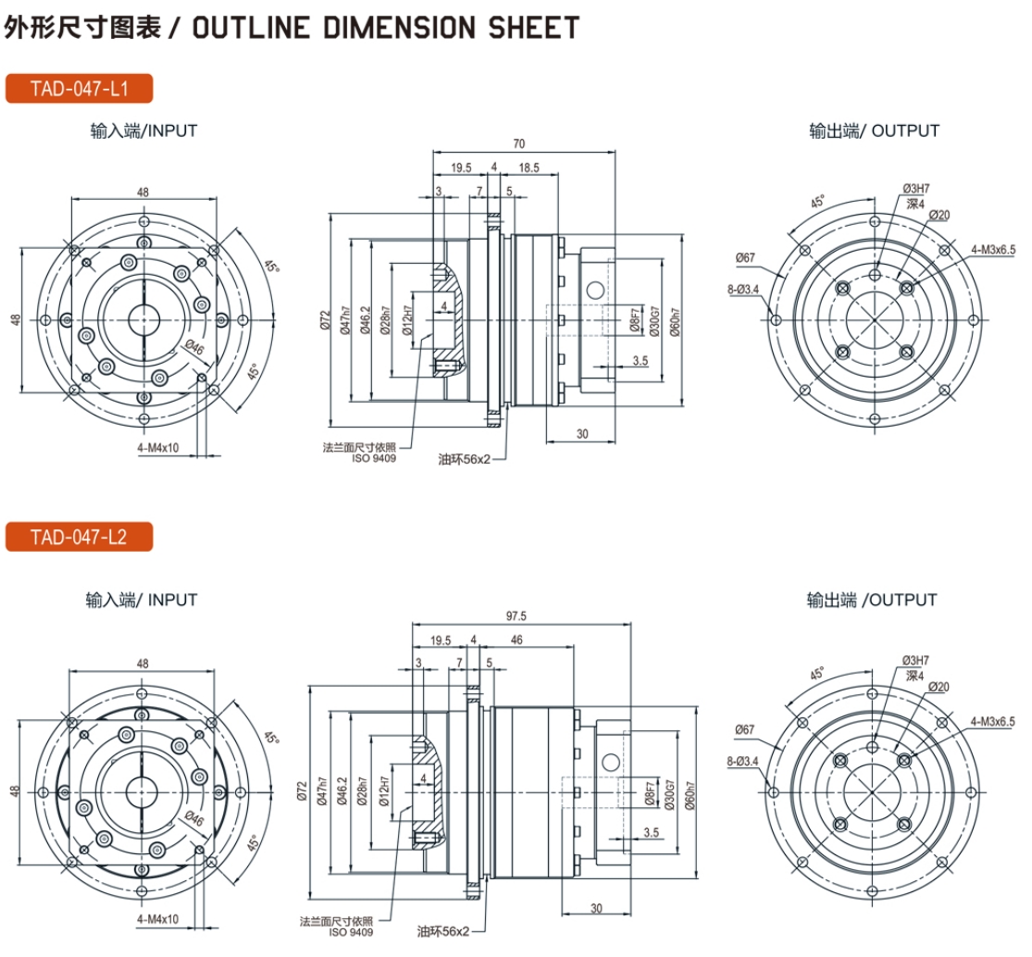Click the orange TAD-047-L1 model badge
click(79, 89)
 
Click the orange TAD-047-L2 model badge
click(79, 537)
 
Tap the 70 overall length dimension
click(518, 143)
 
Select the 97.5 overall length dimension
click(516, 616)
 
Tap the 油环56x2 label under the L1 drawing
click(464, 458)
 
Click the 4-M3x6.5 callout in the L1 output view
click(993, 248)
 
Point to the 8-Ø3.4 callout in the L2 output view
click(742, 763)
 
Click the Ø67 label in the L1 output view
click(746, 256)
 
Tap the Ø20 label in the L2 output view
click(939, 687)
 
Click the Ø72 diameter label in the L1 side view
click(325, 320)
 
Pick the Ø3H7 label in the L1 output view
click(916, 189)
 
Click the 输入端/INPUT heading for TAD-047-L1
click(143, 130)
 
